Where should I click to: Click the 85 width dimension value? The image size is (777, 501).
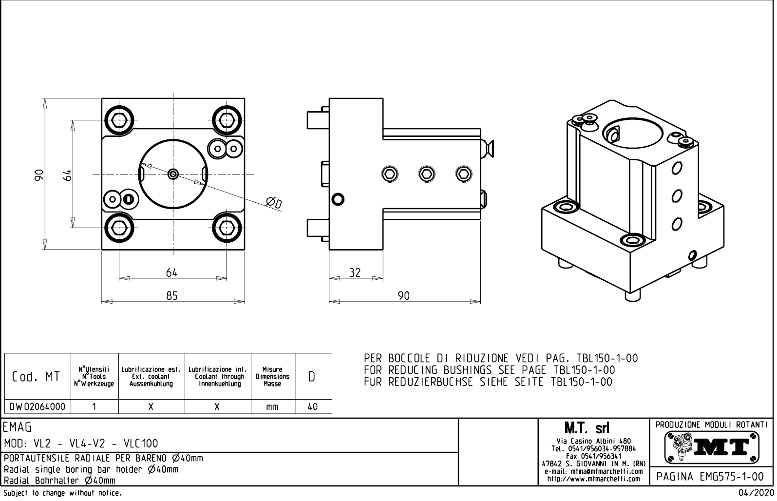pos(172,295)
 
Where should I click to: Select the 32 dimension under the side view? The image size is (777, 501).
pos(355,273)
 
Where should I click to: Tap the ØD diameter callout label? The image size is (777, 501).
pos(274,202)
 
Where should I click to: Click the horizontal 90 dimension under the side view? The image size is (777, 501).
pos(404,295)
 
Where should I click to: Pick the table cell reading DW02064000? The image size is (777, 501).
pos(38,406)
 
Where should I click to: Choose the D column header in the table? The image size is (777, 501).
pos(312,377)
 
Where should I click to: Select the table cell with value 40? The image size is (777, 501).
pos(313,406)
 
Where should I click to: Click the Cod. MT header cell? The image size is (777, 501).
pos(38,377)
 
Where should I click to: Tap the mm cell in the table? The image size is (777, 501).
pos(272,406)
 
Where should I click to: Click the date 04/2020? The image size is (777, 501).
pos(756,493)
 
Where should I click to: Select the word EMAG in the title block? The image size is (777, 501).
pos(18,427)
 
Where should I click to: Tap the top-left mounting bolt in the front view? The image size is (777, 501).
pos(119,119)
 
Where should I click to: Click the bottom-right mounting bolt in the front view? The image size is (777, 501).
pos(227,228)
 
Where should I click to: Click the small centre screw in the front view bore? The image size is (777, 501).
pos(173,173)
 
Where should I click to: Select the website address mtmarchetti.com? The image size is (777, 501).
pos(593,479)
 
